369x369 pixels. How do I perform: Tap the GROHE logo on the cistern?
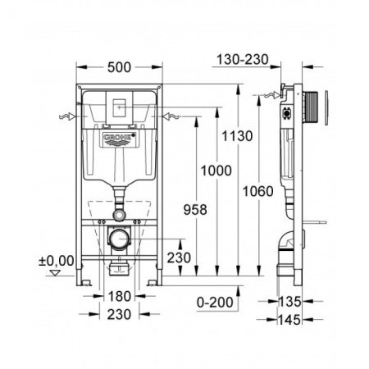pos(117,143)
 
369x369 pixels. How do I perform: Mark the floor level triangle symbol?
pos(55,275)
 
